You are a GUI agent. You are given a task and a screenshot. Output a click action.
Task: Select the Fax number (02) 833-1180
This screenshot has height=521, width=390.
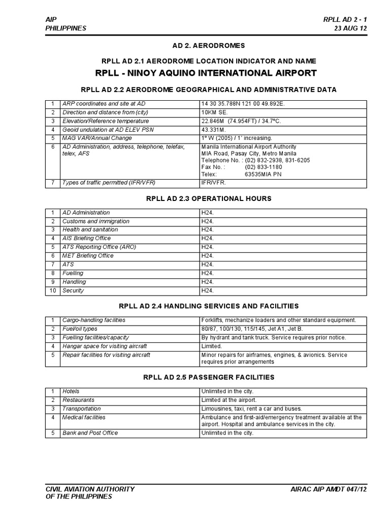tap(264, 166)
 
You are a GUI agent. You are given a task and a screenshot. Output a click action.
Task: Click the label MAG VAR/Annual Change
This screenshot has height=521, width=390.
tap(96, 138)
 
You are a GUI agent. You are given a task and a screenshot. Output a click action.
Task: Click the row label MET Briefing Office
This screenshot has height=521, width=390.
tap(88, 255)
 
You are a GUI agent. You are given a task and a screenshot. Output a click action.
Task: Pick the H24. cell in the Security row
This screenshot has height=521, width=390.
tap(207, 291)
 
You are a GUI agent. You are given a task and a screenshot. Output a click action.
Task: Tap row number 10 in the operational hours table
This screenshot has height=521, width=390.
tap(52, 291)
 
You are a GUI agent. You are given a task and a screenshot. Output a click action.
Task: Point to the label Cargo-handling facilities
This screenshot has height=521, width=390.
tap(93, 320)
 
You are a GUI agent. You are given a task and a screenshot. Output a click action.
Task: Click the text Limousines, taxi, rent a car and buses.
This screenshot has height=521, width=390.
tap(251, 409)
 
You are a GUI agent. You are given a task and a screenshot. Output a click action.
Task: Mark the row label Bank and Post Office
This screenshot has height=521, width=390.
tap(90, 433)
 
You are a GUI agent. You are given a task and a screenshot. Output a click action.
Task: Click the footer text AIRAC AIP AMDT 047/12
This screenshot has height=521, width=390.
tap(329, 489)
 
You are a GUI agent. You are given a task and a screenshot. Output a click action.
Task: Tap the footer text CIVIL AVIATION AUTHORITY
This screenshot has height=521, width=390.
tap(90, 489)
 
